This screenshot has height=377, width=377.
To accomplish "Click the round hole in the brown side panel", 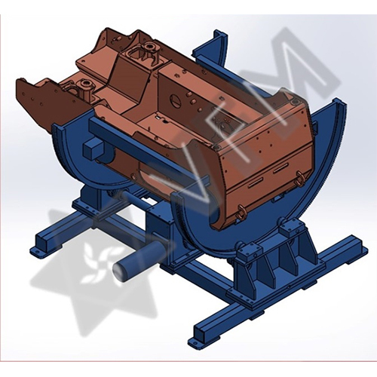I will tap(179, 97).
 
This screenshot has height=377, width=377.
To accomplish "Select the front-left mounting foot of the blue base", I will tap(38, 250).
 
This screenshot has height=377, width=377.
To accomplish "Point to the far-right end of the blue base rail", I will tap(360, 245).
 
